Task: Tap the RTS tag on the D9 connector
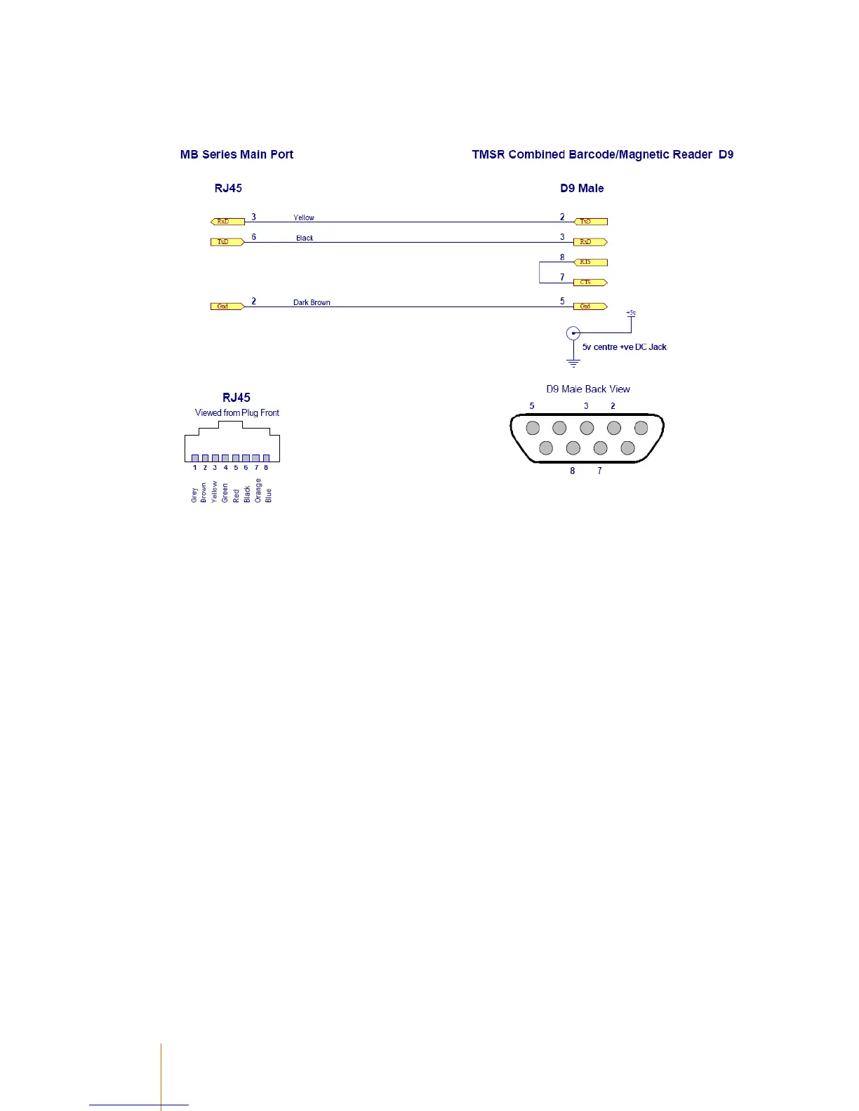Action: [x=590, y=262]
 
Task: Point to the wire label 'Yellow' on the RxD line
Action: [x=304, y=217]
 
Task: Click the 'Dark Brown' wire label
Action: [x=312, y=302]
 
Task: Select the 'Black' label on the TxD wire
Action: [x=305, y=238]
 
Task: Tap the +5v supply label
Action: [x=631, y=313]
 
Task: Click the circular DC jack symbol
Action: [x=573, y=333]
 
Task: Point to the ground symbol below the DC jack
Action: [x=573, y=363]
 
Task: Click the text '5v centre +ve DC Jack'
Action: [x=624, y=347]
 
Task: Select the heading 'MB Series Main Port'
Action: [x=237, y=154]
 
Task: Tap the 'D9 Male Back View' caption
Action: [x=588, y=389]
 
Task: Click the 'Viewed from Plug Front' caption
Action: [x=237, y=413]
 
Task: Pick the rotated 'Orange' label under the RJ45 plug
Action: [x=258, y=491]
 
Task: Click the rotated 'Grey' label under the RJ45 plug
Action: [x=194, y=495]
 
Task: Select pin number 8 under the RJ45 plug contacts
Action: [x=266, y=468]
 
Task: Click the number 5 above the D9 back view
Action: [x=532, y=406]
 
